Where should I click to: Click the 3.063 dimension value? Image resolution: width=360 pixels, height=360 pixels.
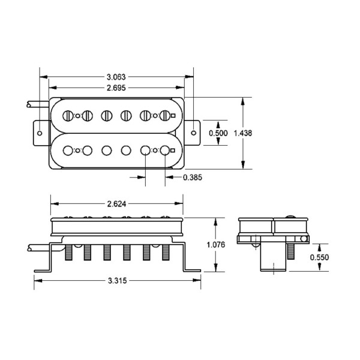[x=116, y=77]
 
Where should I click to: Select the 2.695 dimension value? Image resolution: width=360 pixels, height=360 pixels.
[x=116, y=88]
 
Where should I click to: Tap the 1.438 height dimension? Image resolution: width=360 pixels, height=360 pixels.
[x=243, y=133]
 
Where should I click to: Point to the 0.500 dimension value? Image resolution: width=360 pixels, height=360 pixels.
[x=218, y=133]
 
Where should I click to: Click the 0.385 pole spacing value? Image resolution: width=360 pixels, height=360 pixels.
[x=193, y=178]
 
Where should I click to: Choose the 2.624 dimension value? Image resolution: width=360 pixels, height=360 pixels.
[x=116, y=204]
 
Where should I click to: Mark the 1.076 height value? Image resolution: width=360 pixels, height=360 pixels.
[x=216, y=245]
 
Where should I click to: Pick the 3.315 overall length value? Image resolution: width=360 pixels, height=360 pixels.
[x=118, y=281]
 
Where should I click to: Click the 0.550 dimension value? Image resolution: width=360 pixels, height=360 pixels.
[x=319, y=257]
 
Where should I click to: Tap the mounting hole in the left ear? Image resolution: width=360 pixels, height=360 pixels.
[x=40, y=133]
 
